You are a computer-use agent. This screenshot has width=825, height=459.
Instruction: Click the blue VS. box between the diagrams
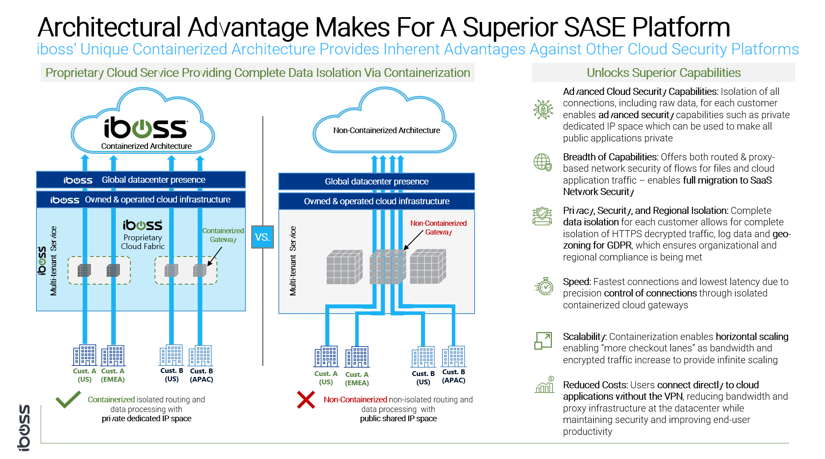262,237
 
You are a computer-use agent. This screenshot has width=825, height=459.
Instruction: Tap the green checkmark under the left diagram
68,399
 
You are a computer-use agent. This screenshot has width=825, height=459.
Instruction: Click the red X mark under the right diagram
306,400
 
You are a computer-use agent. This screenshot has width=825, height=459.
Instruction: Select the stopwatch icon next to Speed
544,286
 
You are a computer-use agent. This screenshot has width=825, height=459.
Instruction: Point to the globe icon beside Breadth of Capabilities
543,162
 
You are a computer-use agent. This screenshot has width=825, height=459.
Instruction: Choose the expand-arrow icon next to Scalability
543,341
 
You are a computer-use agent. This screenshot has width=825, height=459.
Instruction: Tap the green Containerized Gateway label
223,235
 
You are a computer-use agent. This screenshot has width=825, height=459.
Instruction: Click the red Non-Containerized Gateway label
438,228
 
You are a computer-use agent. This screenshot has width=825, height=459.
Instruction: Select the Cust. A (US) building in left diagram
85,355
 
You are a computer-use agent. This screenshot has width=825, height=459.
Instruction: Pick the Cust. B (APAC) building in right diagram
454,356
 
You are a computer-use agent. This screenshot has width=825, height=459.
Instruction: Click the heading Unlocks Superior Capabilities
663,73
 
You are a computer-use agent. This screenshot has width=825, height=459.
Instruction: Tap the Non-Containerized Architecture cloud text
386,130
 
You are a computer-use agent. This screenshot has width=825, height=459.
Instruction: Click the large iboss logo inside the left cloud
146,128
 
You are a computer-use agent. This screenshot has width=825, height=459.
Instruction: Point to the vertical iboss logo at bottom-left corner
24,427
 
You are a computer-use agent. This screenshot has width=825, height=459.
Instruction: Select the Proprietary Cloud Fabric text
143,242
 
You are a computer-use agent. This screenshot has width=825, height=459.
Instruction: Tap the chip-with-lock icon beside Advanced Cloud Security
543,109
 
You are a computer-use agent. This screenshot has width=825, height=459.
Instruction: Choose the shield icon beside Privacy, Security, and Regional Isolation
542,216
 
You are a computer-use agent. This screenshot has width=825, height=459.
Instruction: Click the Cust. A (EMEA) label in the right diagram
357,379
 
